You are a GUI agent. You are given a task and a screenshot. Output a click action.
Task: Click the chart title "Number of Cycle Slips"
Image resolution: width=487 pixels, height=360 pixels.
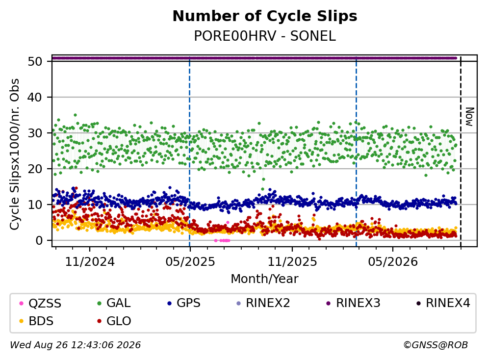coord(265,16)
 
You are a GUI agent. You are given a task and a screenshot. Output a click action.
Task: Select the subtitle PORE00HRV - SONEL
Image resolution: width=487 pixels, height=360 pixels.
coord(265,36)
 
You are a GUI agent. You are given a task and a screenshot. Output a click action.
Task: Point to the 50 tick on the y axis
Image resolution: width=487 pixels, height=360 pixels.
coord(35,61)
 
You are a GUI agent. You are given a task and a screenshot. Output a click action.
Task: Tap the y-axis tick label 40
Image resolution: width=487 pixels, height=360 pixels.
coord(35,97)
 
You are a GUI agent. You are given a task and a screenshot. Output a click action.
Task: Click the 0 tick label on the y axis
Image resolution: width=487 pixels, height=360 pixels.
coord(39,240)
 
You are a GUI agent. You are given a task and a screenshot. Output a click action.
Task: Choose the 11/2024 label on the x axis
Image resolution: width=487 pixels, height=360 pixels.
coord(90,262)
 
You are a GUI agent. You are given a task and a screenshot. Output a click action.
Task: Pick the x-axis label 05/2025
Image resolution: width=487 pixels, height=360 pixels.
coord(190,262)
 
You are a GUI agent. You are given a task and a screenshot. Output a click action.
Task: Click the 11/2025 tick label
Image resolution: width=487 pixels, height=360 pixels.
coord(292,262)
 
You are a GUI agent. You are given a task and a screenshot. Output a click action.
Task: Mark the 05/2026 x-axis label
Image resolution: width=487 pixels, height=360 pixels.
coord(393,262)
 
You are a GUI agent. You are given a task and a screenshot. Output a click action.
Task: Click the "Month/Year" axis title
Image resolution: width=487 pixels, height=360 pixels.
coord(265,279)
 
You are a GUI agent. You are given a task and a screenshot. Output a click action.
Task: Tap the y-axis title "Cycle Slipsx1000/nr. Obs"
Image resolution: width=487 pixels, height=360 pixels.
coord(15,154)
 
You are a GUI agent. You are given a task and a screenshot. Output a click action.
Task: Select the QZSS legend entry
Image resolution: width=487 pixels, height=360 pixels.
coord(40,303)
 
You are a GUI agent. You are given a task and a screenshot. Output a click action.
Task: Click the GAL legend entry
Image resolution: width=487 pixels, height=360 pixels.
coord(114,303)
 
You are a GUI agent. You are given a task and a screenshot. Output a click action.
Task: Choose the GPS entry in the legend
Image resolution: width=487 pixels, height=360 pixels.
coord(184,303)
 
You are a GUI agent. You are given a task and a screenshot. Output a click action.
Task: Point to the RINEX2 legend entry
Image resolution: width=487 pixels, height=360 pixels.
coord(263,303)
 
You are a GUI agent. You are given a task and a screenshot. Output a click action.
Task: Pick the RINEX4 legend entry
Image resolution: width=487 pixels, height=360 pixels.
coord(443,303)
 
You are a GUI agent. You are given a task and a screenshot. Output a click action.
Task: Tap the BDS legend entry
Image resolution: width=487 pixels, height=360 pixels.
coord(36,321)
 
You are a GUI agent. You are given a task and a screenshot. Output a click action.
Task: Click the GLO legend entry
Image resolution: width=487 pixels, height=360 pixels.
coord(114,321)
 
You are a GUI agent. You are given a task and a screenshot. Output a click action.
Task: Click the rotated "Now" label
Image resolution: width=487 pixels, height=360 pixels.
coord(469,117)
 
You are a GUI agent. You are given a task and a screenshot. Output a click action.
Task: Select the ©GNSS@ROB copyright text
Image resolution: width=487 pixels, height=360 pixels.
coord(436,345)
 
